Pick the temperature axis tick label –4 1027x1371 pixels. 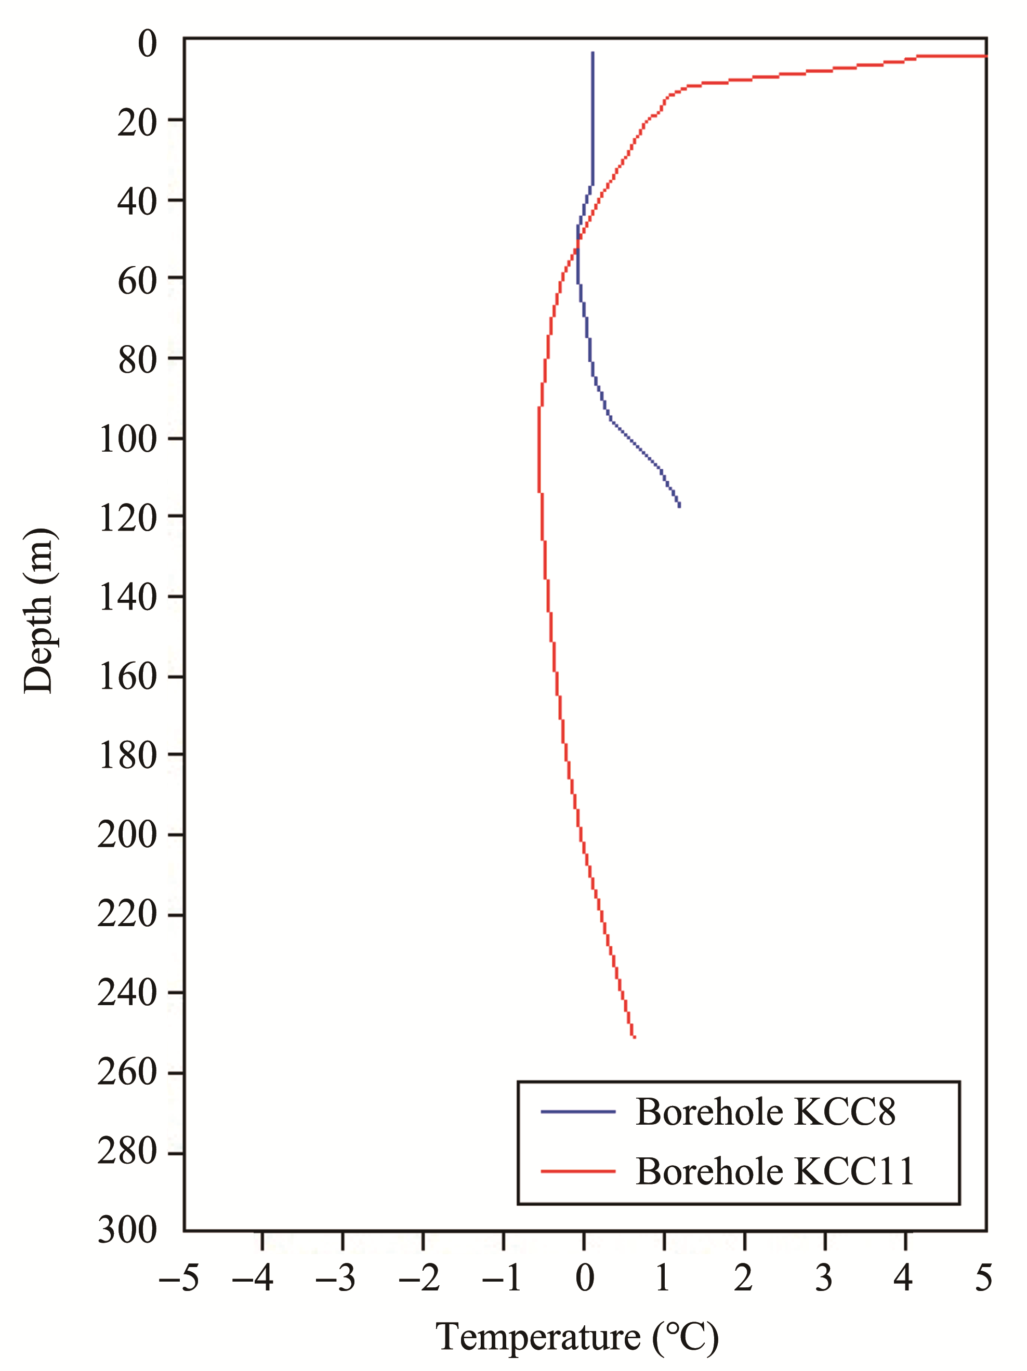coord(252,1278)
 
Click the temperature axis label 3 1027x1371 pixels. coord(824,1278)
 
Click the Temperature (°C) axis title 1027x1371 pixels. coord(577,1337)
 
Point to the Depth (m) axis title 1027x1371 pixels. coord(38,611)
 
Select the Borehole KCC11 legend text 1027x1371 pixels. coord(775,1171)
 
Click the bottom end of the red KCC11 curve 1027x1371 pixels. coord(634,1037)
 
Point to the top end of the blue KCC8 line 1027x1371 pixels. coord(592,52)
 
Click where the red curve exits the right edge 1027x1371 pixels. coord(985,57)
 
